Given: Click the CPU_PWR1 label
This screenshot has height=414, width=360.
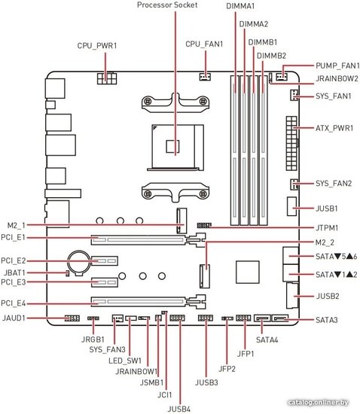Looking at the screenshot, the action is click(97, 46).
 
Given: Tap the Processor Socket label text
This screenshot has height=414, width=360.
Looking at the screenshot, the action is click(167, 5).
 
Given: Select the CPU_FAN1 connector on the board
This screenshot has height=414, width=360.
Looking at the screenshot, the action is click(205, 77).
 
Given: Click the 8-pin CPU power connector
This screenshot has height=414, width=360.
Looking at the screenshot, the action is click(107, 78).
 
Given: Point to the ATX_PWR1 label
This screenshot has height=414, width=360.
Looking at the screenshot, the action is click(334, 128).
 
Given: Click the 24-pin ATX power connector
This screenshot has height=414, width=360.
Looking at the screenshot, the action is click(291, 143).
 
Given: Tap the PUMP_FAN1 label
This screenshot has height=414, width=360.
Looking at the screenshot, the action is click(337, 65).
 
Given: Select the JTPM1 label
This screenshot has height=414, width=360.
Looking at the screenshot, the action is click(327, 227).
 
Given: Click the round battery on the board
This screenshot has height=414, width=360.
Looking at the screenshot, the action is click(79, 262).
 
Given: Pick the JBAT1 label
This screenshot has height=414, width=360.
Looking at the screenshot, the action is click(14, 272).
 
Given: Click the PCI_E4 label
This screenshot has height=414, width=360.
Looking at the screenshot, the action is click(14, 303).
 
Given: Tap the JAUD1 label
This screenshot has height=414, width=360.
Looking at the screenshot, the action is click(14, 318).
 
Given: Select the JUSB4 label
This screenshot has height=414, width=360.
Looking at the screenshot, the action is click(179, 409).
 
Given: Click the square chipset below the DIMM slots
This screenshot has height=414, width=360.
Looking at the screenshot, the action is click(248, 272).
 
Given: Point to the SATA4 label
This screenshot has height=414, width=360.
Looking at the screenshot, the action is click(267, 339).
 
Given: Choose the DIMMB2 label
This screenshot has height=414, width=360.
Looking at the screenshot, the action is click(271, 56).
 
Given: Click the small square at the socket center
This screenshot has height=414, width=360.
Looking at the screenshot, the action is click(172, 146).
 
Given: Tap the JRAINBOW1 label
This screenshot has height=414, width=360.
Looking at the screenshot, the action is click(136, 372).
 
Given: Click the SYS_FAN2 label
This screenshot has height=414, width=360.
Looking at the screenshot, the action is click(334, 184).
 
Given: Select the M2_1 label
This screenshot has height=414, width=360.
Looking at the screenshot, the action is click(16, 226).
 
